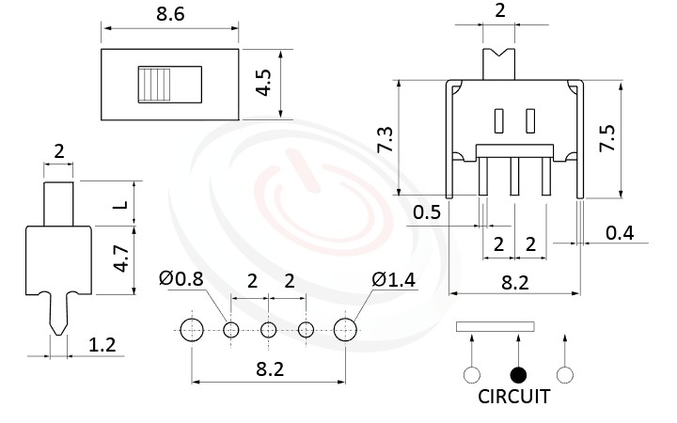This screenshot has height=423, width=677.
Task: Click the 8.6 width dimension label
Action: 170,14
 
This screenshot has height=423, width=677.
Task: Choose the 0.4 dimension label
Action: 620,232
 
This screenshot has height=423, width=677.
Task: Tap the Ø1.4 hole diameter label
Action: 390,278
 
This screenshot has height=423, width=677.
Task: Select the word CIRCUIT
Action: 513,397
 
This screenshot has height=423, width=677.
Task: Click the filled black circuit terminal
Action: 517,375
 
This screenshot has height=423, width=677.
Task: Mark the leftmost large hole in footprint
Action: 192,329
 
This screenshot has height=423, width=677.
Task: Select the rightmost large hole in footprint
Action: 346,329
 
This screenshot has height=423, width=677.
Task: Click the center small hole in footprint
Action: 269,329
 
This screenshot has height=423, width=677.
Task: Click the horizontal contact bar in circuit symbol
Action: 496,327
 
